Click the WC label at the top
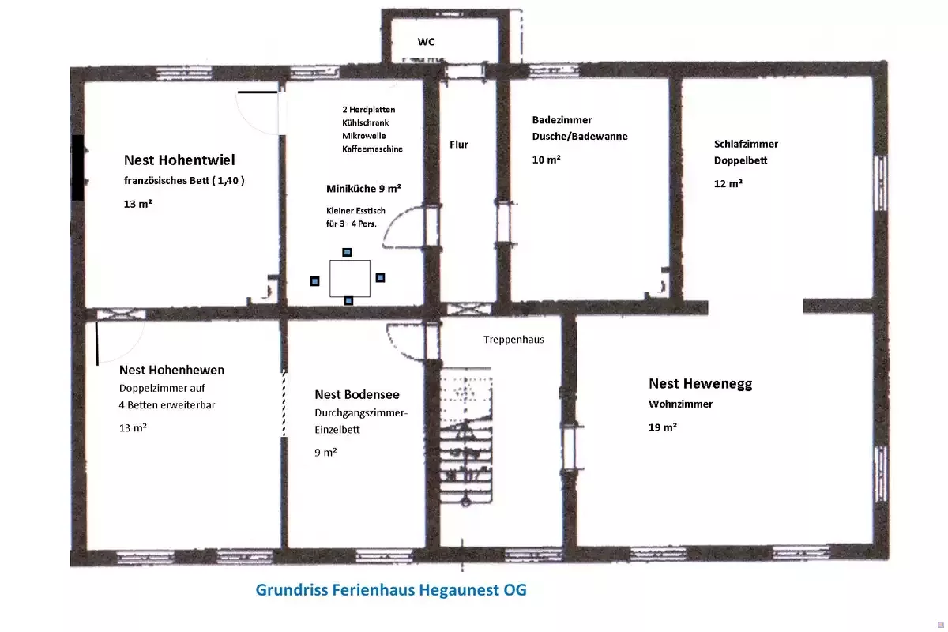426,42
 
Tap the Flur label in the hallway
459,145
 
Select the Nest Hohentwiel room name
179,160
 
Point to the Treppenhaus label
513,340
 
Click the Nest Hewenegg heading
701,383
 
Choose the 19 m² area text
662,427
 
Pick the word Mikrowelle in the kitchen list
364,136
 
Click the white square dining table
350,278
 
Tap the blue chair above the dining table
347,252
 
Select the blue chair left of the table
314,281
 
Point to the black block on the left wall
77,167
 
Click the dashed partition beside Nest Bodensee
284,404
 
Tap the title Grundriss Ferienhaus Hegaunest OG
391,589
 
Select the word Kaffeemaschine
372,149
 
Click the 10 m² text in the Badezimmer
546,160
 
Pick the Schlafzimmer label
746,144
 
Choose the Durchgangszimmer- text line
361,413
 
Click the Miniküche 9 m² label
363,189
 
